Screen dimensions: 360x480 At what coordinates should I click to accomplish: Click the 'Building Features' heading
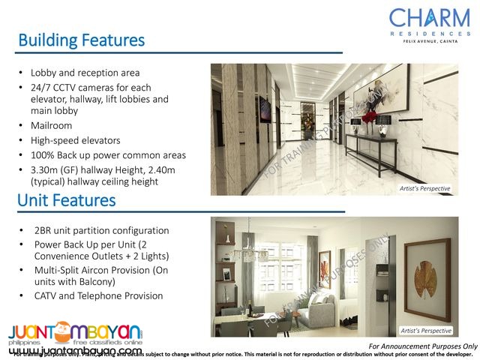81,39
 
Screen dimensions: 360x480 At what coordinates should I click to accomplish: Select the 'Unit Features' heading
66,200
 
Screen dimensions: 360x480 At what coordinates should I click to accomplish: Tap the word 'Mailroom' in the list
52,125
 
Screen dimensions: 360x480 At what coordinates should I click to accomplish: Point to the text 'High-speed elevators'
75,140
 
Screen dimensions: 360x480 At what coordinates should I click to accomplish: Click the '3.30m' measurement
46,170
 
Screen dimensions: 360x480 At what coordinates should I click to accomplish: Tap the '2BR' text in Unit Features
43,230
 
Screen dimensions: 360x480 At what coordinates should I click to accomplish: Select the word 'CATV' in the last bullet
46,296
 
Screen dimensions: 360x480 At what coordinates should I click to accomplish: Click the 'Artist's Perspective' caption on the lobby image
424,189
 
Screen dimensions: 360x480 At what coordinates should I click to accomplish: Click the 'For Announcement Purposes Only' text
424,346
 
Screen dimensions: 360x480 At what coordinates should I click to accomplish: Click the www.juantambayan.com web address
76,351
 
